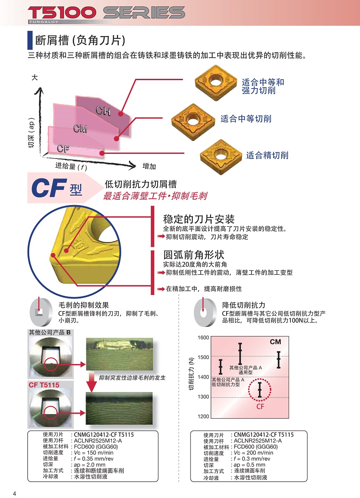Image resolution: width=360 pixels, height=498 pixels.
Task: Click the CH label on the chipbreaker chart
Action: coord(103,111)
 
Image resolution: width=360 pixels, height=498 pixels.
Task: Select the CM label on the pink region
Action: coord(80,129)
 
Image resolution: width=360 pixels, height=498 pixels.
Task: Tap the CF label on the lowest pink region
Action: coord(63,148)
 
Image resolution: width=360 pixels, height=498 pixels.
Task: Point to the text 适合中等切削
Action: coord(246,119)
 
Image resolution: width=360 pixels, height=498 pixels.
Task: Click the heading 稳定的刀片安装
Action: coord(199,219)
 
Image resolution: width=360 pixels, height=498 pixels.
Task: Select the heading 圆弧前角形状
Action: coord(194,255)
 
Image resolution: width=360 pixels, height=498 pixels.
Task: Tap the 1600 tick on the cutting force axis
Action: coord(203,338)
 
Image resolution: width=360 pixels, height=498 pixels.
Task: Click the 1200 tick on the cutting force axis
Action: coord(203,417)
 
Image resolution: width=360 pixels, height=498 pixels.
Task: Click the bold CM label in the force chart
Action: coord(275,342)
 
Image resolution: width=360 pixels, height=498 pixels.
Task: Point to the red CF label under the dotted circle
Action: coord(260,406)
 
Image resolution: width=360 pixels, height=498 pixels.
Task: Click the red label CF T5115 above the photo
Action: coord(44,385)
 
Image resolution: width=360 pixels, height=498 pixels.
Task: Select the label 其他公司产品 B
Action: coord(50,332)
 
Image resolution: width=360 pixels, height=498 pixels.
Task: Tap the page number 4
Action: coord(14,493)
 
